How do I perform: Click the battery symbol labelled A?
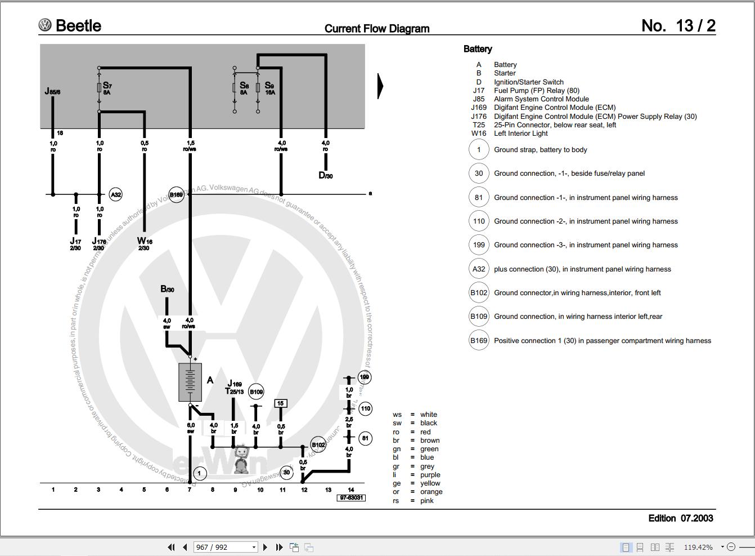click(x=190, y=382)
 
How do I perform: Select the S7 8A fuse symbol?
click(x=100, y=88)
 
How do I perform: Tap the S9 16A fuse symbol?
click(x=258, y=88)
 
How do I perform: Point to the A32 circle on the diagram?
click(x=115, y=195)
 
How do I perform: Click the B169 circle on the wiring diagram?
click(x=177, y=195)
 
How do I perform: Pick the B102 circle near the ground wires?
click(x=318, y=445)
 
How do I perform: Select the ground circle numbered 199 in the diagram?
click(x=365, y=377)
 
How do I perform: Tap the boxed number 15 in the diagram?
click(x=280, y=403)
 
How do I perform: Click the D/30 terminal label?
click(x=325, y=175)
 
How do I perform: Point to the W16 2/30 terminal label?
click(x=145, y=243)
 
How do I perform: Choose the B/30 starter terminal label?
click(x=167, y=289)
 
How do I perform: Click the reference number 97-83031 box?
click(x=351, y=498)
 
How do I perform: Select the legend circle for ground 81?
click(x=479, y=198)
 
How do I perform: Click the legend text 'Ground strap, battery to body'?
click(x=540, y=150)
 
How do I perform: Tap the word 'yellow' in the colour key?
click(x=430, y=483)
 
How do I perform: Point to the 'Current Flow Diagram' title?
click(x=377, y=29)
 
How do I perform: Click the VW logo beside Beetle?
click(x=45, y=25)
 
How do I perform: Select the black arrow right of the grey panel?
click(x=380, y=86)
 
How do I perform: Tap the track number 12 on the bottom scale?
click(x=304, y=490)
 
